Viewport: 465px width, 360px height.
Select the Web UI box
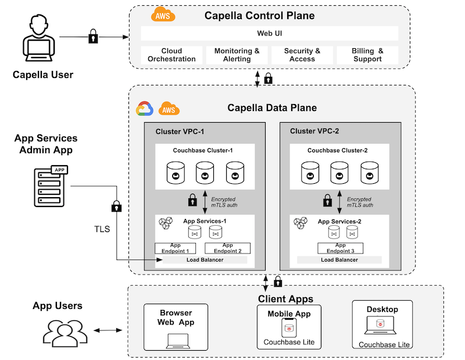(x=269, y=33)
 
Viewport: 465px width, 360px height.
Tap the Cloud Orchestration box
(x=171, y=55)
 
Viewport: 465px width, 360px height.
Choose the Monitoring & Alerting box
(x=237, y=55)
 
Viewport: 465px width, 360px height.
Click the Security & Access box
(x=302, y=55)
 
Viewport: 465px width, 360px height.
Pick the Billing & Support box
(x=367, y=55)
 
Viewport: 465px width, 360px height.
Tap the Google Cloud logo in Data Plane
(x=144, y=109)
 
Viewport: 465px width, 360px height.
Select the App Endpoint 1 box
(x=175, y=248)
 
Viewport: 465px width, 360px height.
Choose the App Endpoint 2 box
(x=227, y=248)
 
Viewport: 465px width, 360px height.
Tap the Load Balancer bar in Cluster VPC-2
(x=339, y=260)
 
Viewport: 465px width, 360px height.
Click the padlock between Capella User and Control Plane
(x=93, y=38)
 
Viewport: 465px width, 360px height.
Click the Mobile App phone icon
(x=289, y=329)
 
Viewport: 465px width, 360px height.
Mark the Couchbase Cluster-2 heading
(x=338, y=151)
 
